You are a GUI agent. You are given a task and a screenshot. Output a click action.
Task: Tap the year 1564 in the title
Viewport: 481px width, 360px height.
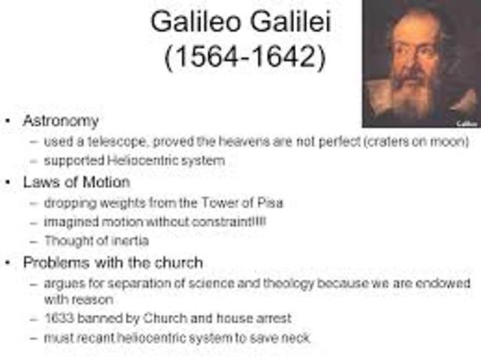click(x=203, y=59)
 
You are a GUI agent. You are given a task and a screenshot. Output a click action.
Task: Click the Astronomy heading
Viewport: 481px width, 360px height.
click(x=60, y=120)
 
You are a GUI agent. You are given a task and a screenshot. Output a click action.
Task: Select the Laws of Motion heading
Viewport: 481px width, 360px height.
click(x=76, y=182)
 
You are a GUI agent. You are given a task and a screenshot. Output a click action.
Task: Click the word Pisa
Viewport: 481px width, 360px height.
click(x=269, y=203)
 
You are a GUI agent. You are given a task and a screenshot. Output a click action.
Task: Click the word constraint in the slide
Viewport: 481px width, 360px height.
click(x=225, y=222)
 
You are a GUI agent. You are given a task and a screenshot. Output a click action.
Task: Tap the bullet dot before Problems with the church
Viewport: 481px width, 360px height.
click(x=8, y=262)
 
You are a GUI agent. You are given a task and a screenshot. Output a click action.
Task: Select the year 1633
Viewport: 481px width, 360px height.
click(x=57, y=319)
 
